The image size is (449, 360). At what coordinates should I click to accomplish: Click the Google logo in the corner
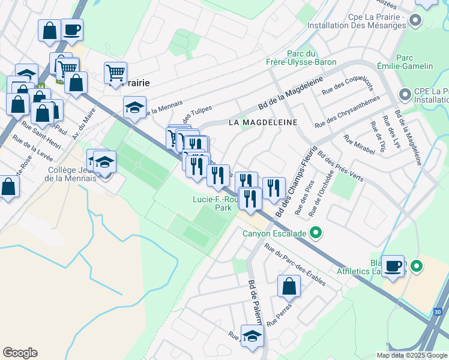tap(20, 353)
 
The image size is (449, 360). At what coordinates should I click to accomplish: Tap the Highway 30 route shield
tap(438, 312)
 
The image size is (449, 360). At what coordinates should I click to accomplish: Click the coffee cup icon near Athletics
tap(394, 266)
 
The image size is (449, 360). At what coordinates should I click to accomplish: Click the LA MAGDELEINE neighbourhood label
tap(263, 122)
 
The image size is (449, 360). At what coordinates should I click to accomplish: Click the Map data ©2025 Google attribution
tap(411, 355)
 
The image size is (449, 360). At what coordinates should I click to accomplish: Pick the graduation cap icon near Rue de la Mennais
tap(134, 107)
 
